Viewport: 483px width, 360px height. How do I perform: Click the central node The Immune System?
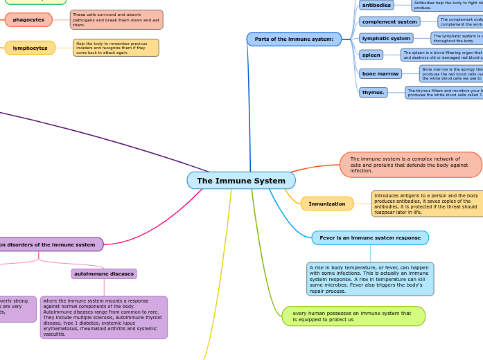[241, 181]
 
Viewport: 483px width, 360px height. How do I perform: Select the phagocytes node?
[28, 19]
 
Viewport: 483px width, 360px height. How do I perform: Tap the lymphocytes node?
[30, 48]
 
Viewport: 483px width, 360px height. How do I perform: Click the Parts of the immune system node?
[294, 39]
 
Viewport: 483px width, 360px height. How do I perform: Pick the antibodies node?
[376, 5]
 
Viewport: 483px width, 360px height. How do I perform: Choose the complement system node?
[389, 21]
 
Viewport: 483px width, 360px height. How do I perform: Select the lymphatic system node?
[386, 38]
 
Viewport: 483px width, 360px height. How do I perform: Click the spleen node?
[371, 55]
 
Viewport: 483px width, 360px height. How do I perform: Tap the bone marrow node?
[380, 73]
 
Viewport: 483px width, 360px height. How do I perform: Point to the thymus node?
[373, 92]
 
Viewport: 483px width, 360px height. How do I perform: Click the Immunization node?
[327, 204]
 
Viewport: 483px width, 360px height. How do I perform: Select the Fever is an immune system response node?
[370, 237]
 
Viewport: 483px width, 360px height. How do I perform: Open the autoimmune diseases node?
[104, 273]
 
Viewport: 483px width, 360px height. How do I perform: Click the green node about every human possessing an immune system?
[353, 316]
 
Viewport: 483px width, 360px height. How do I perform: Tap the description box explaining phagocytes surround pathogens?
[116, 19]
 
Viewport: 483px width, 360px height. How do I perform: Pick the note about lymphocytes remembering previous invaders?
[116, 48]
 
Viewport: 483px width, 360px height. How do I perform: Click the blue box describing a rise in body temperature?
[370, 279]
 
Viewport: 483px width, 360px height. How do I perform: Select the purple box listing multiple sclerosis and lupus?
[104, 317]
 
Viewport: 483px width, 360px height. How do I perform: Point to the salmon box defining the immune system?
[411, 165]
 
